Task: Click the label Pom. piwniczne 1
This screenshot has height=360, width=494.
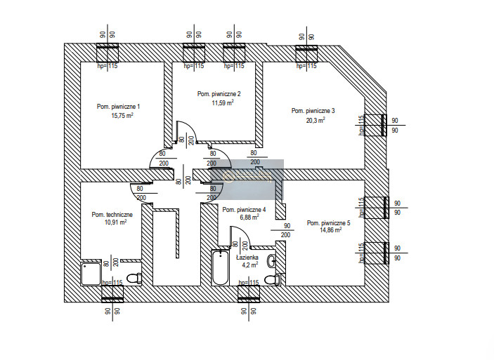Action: coord(118,107)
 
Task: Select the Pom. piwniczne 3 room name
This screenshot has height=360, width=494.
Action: coord(313,110)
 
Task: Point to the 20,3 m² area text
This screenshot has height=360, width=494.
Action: coord(316,120)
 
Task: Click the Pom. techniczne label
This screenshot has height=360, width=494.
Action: coord(112,214)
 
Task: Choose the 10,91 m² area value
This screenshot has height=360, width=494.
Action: coord(115,222)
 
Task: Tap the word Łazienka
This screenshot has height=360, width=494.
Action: coord(247,258)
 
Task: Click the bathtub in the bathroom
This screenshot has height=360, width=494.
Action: coord(220,269)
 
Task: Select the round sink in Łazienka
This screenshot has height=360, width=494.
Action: coord(272,261)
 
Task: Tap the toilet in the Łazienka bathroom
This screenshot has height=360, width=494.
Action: coord(272,280)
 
